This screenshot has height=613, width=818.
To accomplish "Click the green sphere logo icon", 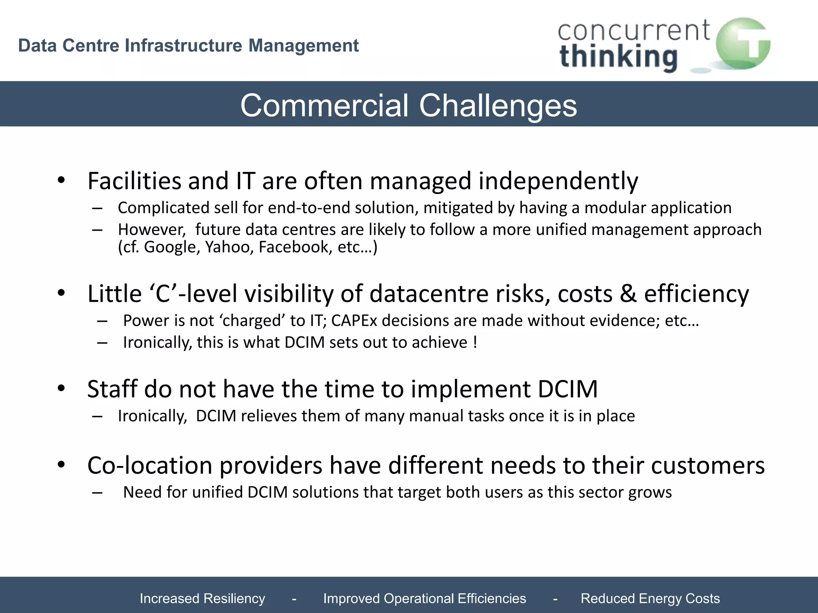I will tap(742, 44).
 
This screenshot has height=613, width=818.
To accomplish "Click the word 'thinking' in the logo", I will tap(618, 57).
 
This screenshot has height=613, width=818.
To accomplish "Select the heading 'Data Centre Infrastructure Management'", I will tap(188, 45).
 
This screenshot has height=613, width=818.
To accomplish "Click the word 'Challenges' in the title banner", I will tap(498, 105).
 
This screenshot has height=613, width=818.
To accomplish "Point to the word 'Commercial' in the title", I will tap(324, 105).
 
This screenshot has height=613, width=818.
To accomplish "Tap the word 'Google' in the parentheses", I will tap(172, 247).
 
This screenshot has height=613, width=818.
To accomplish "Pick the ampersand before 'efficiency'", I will tap(628, 294).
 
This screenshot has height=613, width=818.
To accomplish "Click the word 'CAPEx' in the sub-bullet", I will tap(354, 320).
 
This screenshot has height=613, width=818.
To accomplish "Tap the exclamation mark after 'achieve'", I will tap(475, 342).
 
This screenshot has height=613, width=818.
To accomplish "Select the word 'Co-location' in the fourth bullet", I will tap(150, 465).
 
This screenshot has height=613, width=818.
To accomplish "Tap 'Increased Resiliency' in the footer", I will tap(202, 598).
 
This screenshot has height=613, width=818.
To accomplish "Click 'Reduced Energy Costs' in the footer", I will tap(650, 598).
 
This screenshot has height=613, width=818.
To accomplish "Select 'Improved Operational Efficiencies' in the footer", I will tap(424, 598).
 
